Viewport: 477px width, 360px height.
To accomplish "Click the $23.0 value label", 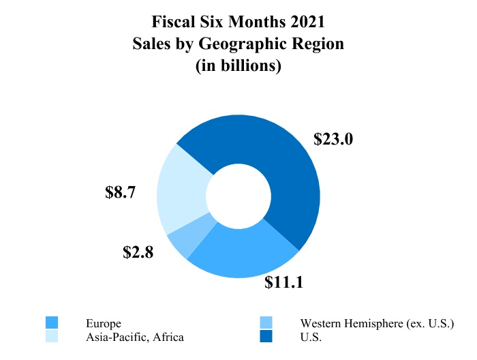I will pyautogui.click(x=333, y=139).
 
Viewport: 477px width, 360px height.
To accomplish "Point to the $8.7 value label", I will pyautogui.click(x=121, y=192).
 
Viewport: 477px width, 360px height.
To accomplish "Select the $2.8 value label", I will pyautogui.click(x=138, y=252).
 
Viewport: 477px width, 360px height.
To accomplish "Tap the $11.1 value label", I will pyautogui.click(x=283, y=282).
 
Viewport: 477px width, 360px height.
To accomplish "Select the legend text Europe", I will pyautogui.click(x=104, y=323).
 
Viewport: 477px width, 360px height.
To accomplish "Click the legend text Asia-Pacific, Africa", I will pyautogui.click(x=135, y=337).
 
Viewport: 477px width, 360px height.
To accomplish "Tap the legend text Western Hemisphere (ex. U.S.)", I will pyautogui.click(x=377, y=323).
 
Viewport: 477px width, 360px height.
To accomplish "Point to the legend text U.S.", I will pyautogui.click(x=311, y=337).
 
